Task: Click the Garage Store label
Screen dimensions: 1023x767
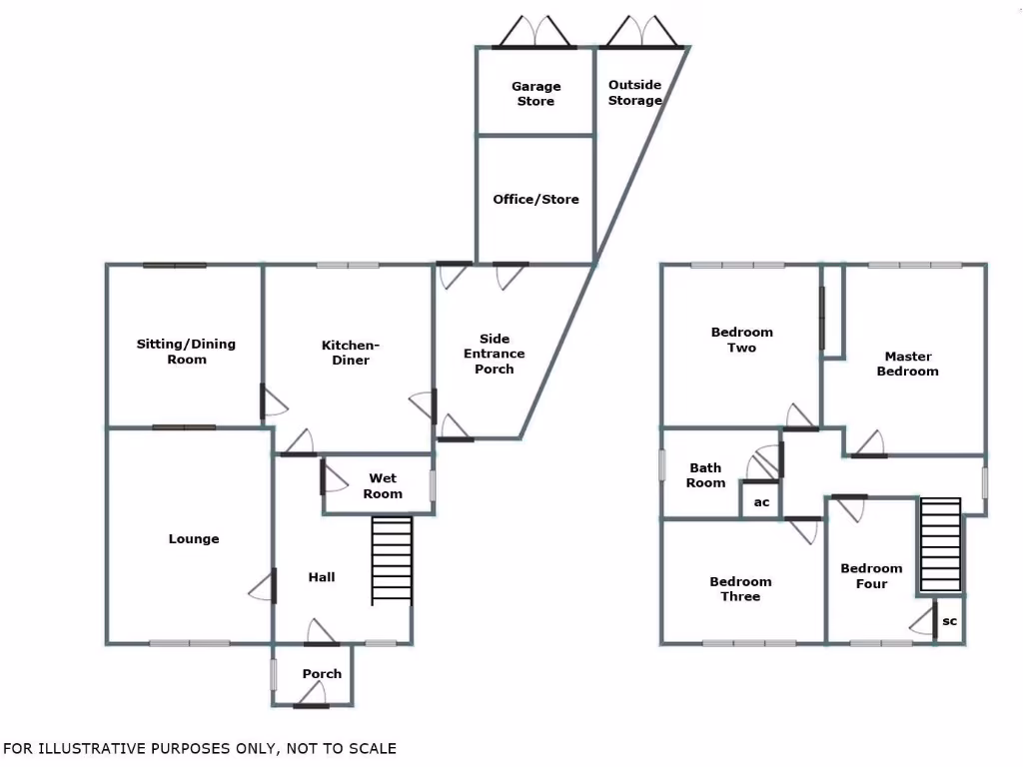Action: [x=535, y=93]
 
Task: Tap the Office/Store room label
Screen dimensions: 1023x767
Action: [x=535, y=199]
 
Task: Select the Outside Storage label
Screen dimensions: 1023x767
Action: [x=634, y=92]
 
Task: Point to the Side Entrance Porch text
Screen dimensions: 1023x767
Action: [x=494, y=354]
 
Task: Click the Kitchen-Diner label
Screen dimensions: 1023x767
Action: [x=351, y=353]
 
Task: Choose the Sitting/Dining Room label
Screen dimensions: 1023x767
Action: [x=186, y=351]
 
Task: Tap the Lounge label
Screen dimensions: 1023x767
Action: [x=194, y=538]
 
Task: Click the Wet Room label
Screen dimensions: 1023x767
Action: [x=383, y=486]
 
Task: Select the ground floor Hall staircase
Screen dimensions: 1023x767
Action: [x=392, y=561]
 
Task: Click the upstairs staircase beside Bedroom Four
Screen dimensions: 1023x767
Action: [x=940, y=544]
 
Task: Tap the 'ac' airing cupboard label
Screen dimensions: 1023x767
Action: [x=761, y=502]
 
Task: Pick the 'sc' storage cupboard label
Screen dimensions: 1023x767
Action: [x=950, y=621]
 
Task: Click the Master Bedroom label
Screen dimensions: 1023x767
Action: [x=907, y=364]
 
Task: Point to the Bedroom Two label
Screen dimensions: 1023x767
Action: [x=742, y=340]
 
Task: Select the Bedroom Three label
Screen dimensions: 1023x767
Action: [x=740, y=589]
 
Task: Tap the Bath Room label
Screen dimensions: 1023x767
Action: [x=705, y=475]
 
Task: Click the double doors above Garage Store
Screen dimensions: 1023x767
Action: [x=535, y=32]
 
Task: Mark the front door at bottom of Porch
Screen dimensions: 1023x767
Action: [x=312, y=698]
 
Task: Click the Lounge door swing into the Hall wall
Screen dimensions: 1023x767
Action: [x=263, y=585]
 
